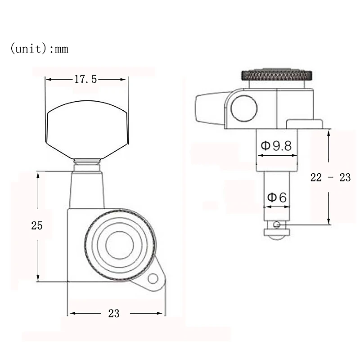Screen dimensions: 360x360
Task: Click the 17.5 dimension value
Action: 85,79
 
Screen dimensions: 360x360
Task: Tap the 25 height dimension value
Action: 37,225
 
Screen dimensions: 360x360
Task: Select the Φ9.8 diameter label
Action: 276,145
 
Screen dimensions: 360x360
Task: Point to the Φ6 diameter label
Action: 277,197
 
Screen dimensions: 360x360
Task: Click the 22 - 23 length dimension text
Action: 330,177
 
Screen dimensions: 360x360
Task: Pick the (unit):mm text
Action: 39,49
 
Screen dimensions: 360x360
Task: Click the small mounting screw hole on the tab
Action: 153,279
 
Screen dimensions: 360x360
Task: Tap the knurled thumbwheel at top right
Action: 276,75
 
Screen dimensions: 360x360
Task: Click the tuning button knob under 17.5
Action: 87,130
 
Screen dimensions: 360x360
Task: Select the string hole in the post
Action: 277,225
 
